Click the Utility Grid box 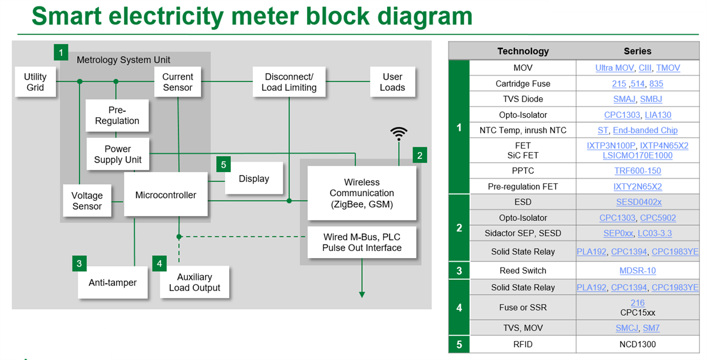click(35, 82)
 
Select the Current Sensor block click(177, 82)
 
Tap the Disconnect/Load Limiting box click(289, 82)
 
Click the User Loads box click(392, 82)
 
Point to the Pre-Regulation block click(117, 115)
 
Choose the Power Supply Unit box click(117, 154)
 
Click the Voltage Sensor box click(87, 201)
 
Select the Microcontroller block click(166, 195)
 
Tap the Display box click(254, 179)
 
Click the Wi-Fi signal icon click(399, 134)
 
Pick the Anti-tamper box click(113, 283)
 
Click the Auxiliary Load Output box click(194, 282)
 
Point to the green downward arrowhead click(362, 294)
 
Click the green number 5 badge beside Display click(223, 164)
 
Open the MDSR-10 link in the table click(637, 270)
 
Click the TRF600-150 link click(637, 171)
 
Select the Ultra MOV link click(615, 68)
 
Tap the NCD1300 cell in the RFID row click(637, 344)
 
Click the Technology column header click(523, 51)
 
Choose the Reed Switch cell click(523, 270)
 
